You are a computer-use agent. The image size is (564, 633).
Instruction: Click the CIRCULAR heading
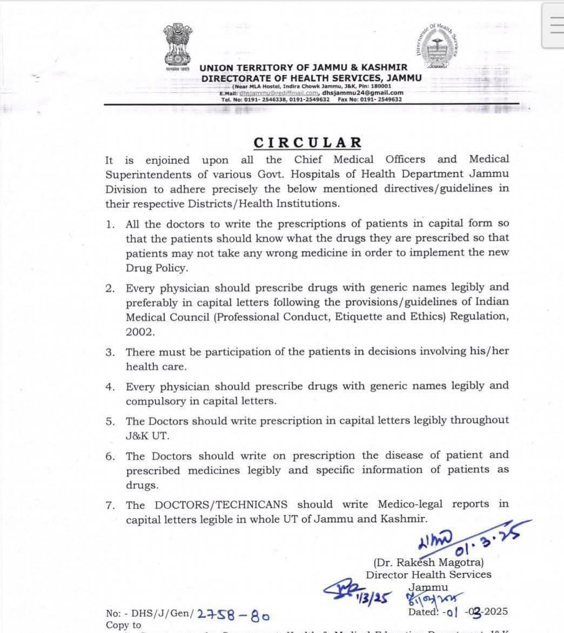[x=307, y=143]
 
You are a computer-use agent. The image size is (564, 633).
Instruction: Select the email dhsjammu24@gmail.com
[x=367, y=92]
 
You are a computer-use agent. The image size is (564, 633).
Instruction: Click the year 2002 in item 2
[x=140, y=332]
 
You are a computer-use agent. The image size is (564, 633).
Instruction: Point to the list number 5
[x=110, y=421]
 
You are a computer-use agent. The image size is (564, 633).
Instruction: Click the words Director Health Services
[x=428, y=575]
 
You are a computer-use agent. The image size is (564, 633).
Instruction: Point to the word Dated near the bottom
[x=424, y=612]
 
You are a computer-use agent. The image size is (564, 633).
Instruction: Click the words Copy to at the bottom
[x=123, y=625]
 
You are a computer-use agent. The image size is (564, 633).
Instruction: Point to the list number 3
[x=110, y=352]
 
